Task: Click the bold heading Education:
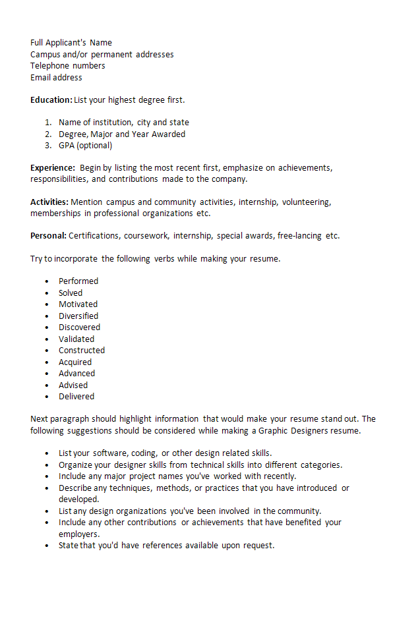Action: pyautogui.click(x=51, y=100)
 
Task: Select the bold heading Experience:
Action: pyautogui.click(x=52, y=168)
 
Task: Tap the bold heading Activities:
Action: pyautogui.click(x=49, y=202)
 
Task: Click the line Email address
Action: pyautogui.click(x=56, y=78)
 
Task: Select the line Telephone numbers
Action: pyautogui.click(x=67, y=66)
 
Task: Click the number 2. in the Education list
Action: pyautogui.click(x=48, y=134)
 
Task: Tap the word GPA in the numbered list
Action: pyautogui.click(x=67, y=146)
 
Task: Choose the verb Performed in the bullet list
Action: pyautogui.click(x=78, y=281)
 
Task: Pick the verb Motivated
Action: pyautogui.click(x=78, y=304)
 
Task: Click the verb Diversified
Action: pyautogui.click(x=78, y=316)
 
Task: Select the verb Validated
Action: pyautogui.click(x=76, y=339)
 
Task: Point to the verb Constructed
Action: pyautogui.click(x=82, y=351)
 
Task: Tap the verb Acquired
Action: pyautogui.click(x=75, y=362)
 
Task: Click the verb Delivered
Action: pyautogui.click(x=76, y=397)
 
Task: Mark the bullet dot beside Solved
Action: pyautogui.click(x=47, y=293)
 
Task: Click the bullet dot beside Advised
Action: pyautogui.click(x=47, y=385)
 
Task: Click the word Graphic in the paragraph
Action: pyautogui.click(x=274, y=431)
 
